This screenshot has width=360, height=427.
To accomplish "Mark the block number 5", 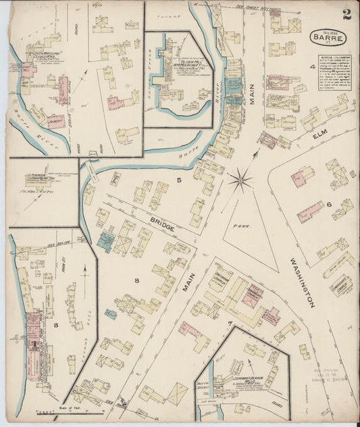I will (179, 180).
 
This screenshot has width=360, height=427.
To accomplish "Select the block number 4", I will (312, 67).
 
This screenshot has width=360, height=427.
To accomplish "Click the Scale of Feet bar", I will (57, 411).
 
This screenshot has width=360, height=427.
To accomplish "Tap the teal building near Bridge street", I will (105, 241).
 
